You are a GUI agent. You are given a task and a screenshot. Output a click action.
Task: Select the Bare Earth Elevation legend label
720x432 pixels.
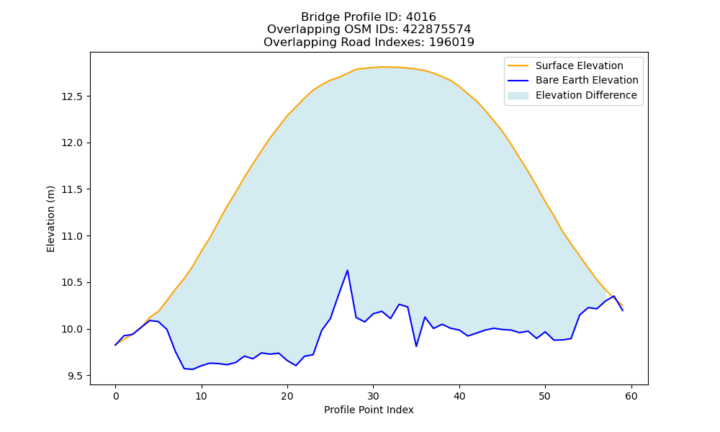point(587,81)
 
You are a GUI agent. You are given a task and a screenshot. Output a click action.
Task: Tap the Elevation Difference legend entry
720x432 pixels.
point(586,95)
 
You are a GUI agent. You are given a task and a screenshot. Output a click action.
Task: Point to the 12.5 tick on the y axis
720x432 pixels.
point(72,96)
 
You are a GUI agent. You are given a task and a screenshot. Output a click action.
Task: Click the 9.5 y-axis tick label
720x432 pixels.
point(75,376)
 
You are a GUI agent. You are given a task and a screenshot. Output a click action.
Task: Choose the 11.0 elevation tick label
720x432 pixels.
point(72,236)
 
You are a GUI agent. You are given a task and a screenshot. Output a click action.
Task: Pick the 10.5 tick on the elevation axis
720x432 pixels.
point(72,283)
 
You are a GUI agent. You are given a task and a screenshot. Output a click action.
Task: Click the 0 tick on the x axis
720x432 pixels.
point(116,396)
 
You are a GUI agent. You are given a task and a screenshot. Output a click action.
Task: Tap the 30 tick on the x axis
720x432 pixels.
point(373,396)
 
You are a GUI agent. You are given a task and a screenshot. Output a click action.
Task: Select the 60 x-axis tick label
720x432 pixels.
point(631,396)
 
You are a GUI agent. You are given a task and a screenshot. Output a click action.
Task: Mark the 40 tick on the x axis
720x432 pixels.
point(459,396)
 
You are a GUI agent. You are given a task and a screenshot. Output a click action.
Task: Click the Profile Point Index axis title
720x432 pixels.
point(369,410)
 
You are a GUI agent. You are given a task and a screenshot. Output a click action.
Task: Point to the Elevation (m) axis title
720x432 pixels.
point(50,219)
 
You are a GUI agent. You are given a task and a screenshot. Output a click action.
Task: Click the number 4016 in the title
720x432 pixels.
point(420,17)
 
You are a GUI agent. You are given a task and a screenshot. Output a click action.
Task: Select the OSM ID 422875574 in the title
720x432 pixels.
point(437,30)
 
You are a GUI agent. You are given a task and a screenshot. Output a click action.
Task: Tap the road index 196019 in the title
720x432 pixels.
point(451,42)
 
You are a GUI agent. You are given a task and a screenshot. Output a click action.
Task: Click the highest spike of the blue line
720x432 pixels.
point(348,270)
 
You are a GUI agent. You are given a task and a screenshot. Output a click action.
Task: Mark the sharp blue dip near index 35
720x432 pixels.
point(416,346)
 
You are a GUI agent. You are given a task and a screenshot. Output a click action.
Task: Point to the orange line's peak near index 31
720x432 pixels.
point(382,67)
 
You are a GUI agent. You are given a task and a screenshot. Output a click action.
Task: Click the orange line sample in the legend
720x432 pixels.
point(518,66)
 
